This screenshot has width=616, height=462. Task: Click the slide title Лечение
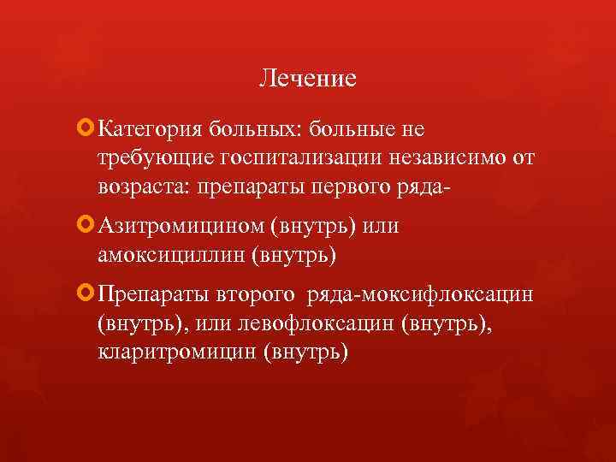click(307, 80)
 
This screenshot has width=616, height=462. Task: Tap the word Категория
click(148, 129)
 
